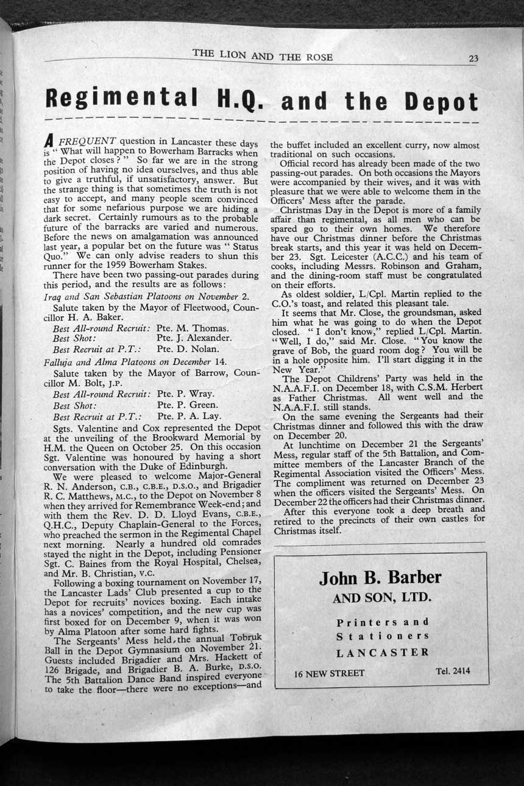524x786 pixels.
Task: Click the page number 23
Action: coord(473,59)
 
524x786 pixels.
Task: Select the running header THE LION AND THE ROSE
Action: coord(263,57)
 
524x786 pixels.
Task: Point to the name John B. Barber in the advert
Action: coord(380,577)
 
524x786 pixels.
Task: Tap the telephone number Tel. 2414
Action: coord(453,671)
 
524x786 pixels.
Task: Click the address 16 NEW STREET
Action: coord(329,673)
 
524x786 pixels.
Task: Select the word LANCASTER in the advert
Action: coord(382,652)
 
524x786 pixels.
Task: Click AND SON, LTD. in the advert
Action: coord(382,598)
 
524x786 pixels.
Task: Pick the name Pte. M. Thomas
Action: coord(193,328)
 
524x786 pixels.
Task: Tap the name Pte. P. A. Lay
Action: coord(189,417)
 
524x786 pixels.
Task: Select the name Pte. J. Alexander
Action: coord(194,338)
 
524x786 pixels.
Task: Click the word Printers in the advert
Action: coord(383,622)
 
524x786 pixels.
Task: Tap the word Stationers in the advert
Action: coord(383,636)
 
